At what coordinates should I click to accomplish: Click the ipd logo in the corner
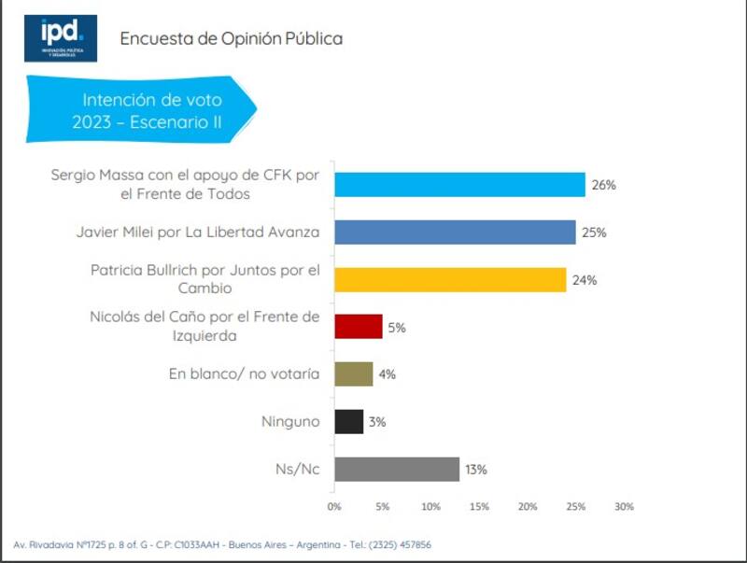point(61,38)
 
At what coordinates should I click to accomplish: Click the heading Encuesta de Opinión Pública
point(231,38)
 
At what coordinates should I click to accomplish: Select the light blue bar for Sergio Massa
point(459,184)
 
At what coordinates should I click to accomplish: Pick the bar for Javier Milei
point(455,232)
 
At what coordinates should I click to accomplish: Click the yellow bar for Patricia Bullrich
point(450,279)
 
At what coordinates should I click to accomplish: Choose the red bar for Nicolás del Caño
point(359,326)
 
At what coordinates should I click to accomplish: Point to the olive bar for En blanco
point(354,373)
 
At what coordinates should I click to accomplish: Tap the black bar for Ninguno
point(348,421)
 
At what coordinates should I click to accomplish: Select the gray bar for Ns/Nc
point(397,469)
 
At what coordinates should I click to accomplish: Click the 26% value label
point(603,185)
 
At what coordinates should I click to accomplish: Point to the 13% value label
point(476,470)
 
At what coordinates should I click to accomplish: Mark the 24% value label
point(584,280)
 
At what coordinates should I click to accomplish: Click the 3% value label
point(377,422)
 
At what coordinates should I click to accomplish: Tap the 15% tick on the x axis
point(479,506)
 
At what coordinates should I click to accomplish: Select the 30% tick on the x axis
point(624,506)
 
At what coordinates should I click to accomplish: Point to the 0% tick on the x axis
point(334,506)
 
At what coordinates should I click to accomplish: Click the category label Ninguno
point(289,422)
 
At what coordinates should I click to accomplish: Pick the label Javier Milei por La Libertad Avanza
point(197,232)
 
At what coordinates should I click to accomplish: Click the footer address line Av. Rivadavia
point(222,544)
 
